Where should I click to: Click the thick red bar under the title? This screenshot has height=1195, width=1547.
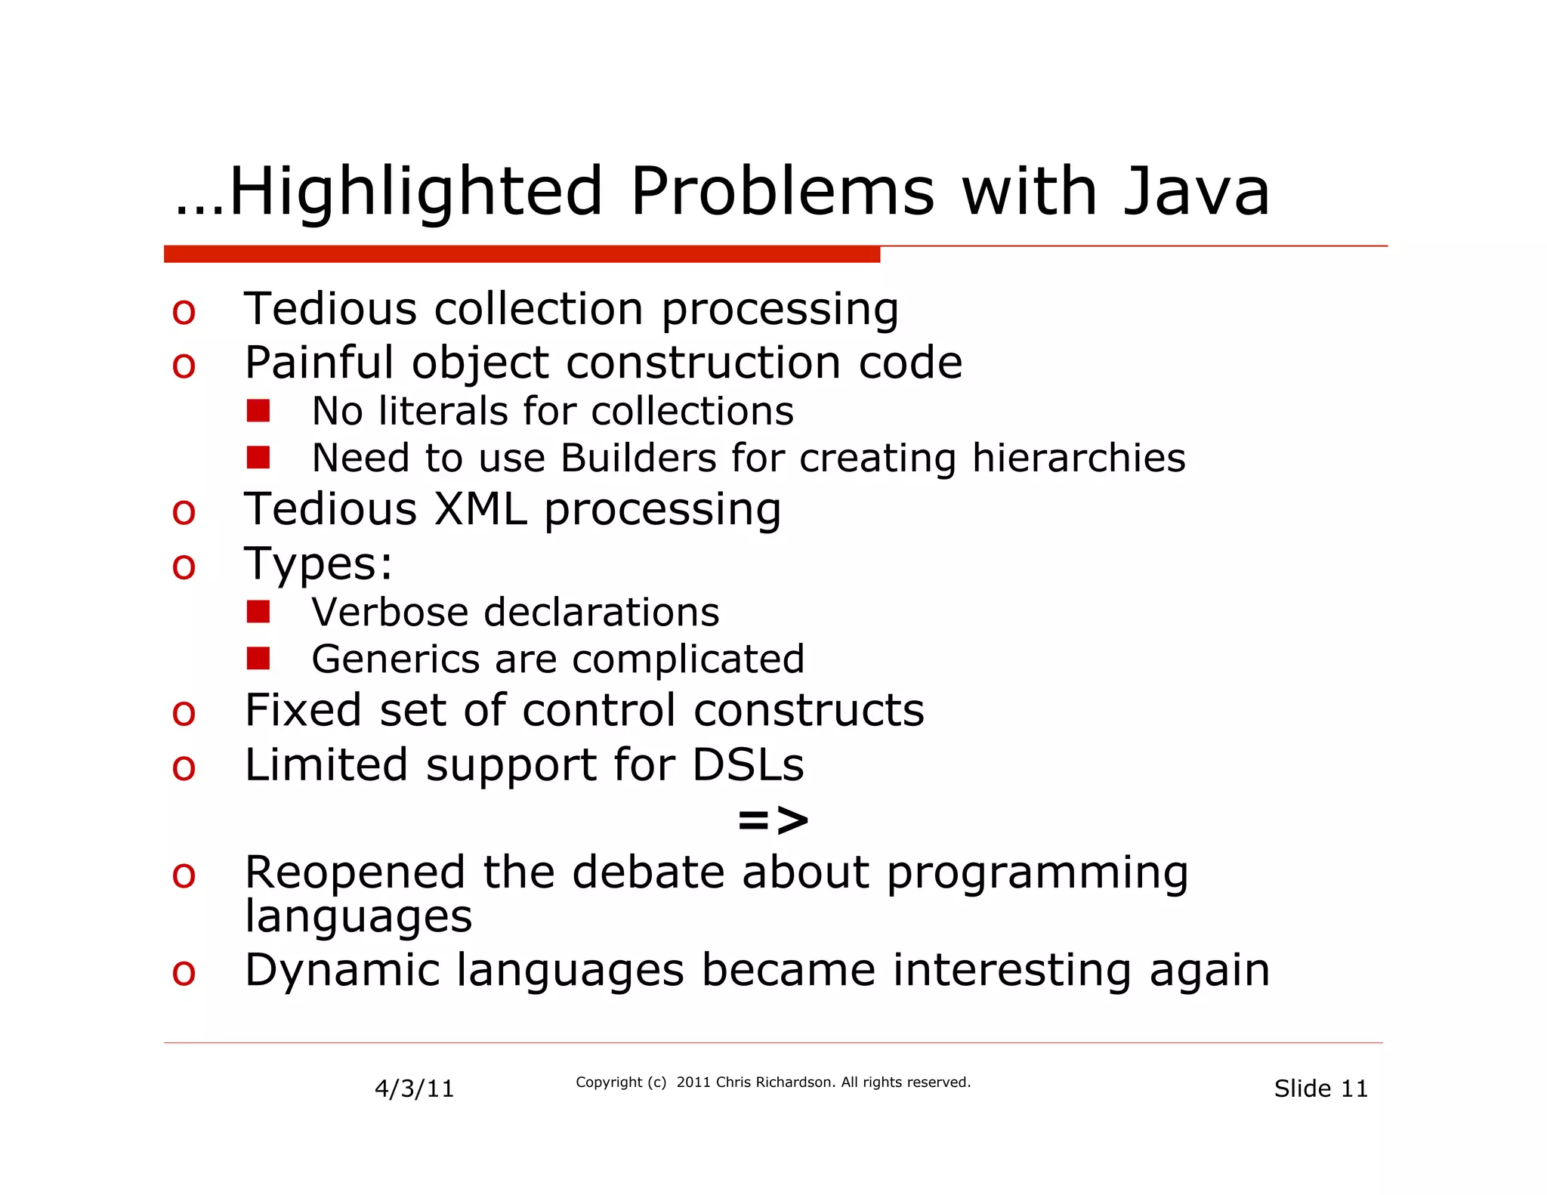521,254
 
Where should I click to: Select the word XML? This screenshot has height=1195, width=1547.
480,509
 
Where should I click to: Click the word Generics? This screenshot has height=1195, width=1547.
395,659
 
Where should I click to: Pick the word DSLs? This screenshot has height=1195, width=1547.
748,764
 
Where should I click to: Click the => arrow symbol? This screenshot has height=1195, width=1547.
773,820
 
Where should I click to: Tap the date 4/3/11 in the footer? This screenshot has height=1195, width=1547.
415,1088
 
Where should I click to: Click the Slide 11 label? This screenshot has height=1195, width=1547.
1320,1088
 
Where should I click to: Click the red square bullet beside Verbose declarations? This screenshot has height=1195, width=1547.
258,612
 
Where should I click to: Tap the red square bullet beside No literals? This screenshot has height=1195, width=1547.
258,411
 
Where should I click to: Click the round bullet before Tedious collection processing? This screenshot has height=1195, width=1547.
184,312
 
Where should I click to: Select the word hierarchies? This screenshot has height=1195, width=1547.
1079,459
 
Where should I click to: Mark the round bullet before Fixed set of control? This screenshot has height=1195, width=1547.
184,713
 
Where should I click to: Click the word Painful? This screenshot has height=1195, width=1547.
319,363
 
